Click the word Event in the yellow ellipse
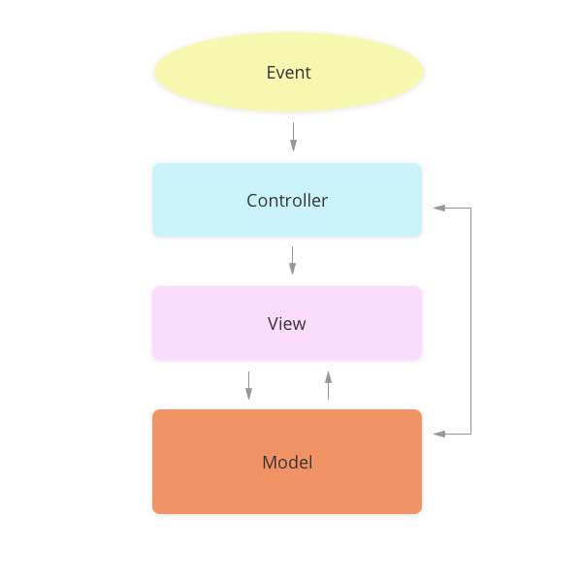click(x=288, y=73)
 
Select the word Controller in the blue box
click(x=287, y=201)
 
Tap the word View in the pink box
click(x=287, y=324)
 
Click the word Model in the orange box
click(x=287, y=463)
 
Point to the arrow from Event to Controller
click(x=293, y=136)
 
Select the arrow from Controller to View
click(x=292, y=260)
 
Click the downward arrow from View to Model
click(x=249, y=384)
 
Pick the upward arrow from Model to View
click(x=328, y=385)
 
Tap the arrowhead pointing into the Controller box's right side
click(x=438, y=208)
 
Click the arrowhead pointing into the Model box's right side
click(x=438, y=434)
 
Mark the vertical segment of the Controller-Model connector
click(x=470, y=320)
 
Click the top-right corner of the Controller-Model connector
click(x=470, y=208)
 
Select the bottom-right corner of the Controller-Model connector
click(x=470, y=434)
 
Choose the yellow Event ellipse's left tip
click(x=155, y=73)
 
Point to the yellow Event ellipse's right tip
click(x=424, y=73)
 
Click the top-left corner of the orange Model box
click(x=154, y=411)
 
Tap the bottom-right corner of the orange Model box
click(x=420, y=511)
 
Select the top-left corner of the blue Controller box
click(x=154, y=165)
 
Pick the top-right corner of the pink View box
click(x=420, y=288)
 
